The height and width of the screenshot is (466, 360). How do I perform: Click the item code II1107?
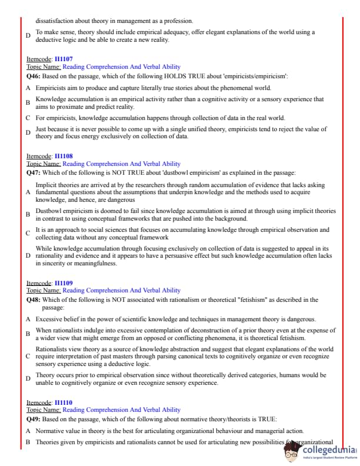(64, 59)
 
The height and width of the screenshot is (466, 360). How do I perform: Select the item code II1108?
(64, 156)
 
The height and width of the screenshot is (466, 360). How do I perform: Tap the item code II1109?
(64, 283)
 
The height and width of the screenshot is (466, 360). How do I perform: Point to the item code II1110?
(64, 402)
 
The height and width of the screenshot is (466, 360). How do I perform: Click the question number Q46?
(33, 76)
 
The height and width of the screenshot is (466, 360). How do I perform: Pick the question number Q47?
(33, 173)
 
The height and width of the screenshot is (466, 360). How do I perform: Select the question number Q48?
(33, 299)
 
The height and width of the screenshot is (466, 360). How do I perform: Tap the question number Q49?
(33, 419)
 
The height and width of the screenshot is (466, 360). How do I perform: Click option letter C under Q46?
(28, 118)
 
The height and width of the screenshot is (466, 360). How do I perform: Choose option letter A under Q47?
(28, 192)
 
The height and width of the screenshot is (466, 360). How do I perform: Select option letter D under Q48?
(28, 378)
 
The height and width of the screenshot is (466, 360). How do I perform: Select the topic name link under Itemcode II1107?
(121, 67)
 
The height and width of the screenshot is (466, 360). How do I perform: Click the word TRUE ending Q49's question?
(266, 419)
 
